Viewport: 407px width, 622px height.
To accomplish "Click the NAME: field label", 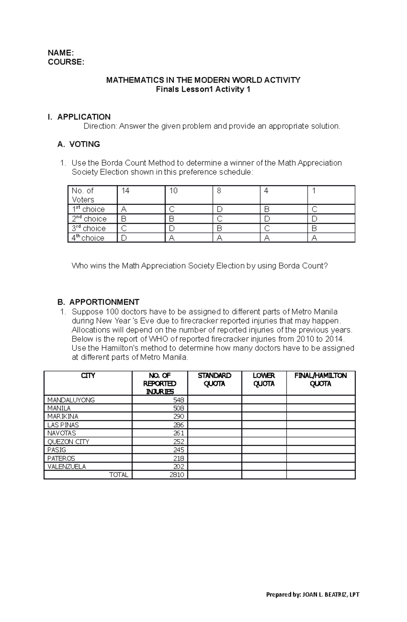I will pyautogui.click(x=60, y=53).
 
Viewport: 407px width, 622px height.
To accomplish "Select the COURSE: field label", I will pyautogui.click(x=65, y=62).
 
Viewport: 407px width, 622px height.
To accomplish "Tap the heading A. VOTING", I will pyautogui.click(x=79, y=144).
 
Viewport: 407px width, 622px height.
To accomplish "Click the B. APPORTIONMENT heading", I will pyautogui.click(x=98, y=302).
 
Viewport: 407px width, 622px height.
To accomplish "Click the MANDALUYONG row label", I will pyautogui.click(x=71, y=400).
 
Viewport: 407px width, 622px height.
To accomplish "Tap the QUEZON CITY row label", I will pyautogui.click(x=68, y=442).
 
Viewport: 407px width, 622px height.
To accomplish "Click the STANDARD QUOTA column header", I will pyautogui.click(x=214, y=380).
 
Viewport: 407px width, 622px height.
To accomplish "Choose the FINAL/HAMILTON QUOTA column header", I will pyautogui.click(x=321, y=380).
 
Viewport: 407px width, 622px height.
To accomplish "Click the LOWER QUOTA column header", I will pyautogui.click(x=264, y=380).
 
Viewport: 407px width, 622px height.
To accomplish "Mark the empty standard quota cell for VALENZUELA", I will pyautogui.click(x=214, y=466).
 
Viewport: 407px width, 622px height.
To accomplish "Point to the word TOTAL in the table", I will pyautogui.click(x=119, y=475).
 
